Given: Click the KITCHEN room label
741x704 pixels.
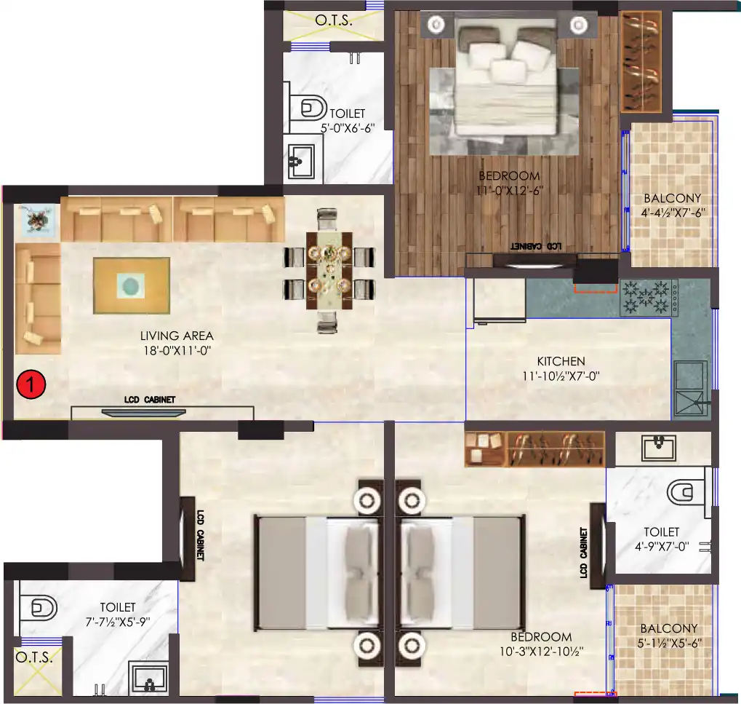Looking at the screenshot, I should pyautogui.click(x=561, y=361).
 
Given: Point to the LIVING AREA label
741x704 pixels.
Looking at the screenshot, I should pyautogui.click(x=177, y=336).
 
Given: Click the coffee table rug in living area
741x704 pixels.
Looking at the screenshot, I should pyautogui.click(x=132, y=285).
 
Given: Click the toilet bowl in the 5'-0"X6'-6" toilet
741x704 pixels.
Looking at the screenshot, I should pyautogui.click(x=311, y=109).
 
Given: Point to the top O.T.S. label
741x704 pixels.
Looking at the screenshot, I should pyautogui.click(x=334, y=20).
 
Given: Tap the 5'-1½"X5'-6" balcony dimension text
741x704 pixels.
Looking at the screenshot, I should pyautogui.click(x=668, y=643).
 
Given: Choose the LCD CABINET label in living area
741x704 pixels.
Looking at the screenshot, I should pyautogui.click(x=148, y=400).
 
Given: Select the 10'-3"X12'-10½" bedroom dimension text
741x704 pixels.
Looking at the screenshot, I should pyautogui.click(x=541, y=651).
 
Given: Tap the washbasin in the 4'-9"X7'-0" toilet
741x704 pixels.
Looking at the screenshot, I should pyautogui.click(x=659, y=447).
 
